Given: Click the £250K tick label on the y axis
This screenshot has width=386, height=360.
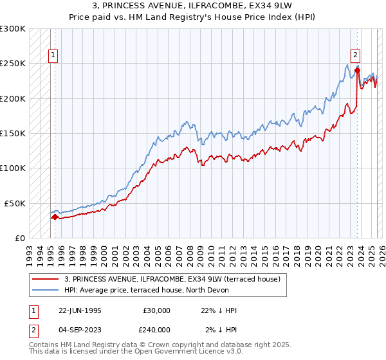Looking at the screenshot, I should [x=13, y=64].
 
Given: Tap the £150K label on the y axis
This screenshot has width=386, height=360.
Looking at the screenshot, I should [x=13, y=133].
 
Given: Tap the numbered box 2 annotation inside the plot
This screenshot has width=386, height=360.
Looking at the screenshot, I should [x=355, y=55].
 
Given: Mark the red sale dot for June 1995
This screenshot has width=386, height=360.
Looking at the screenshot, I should [x=55, y=217].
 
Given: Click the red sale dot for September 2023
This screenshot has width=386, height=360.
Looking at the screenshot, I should [x=357, y=71].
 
